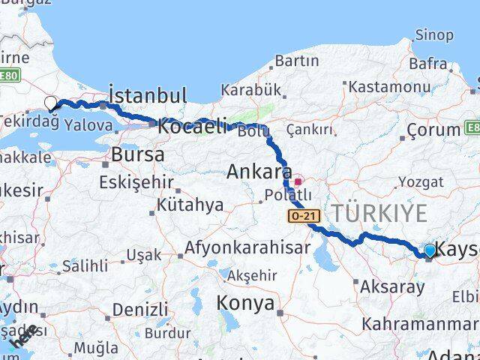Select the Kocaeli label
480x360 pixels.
190,127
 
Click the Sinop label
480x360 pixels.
434,34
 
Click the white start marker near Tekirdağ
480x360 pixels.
51,103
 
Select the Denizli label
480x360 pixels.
140,309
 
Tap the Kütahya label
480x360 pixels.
190,205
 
